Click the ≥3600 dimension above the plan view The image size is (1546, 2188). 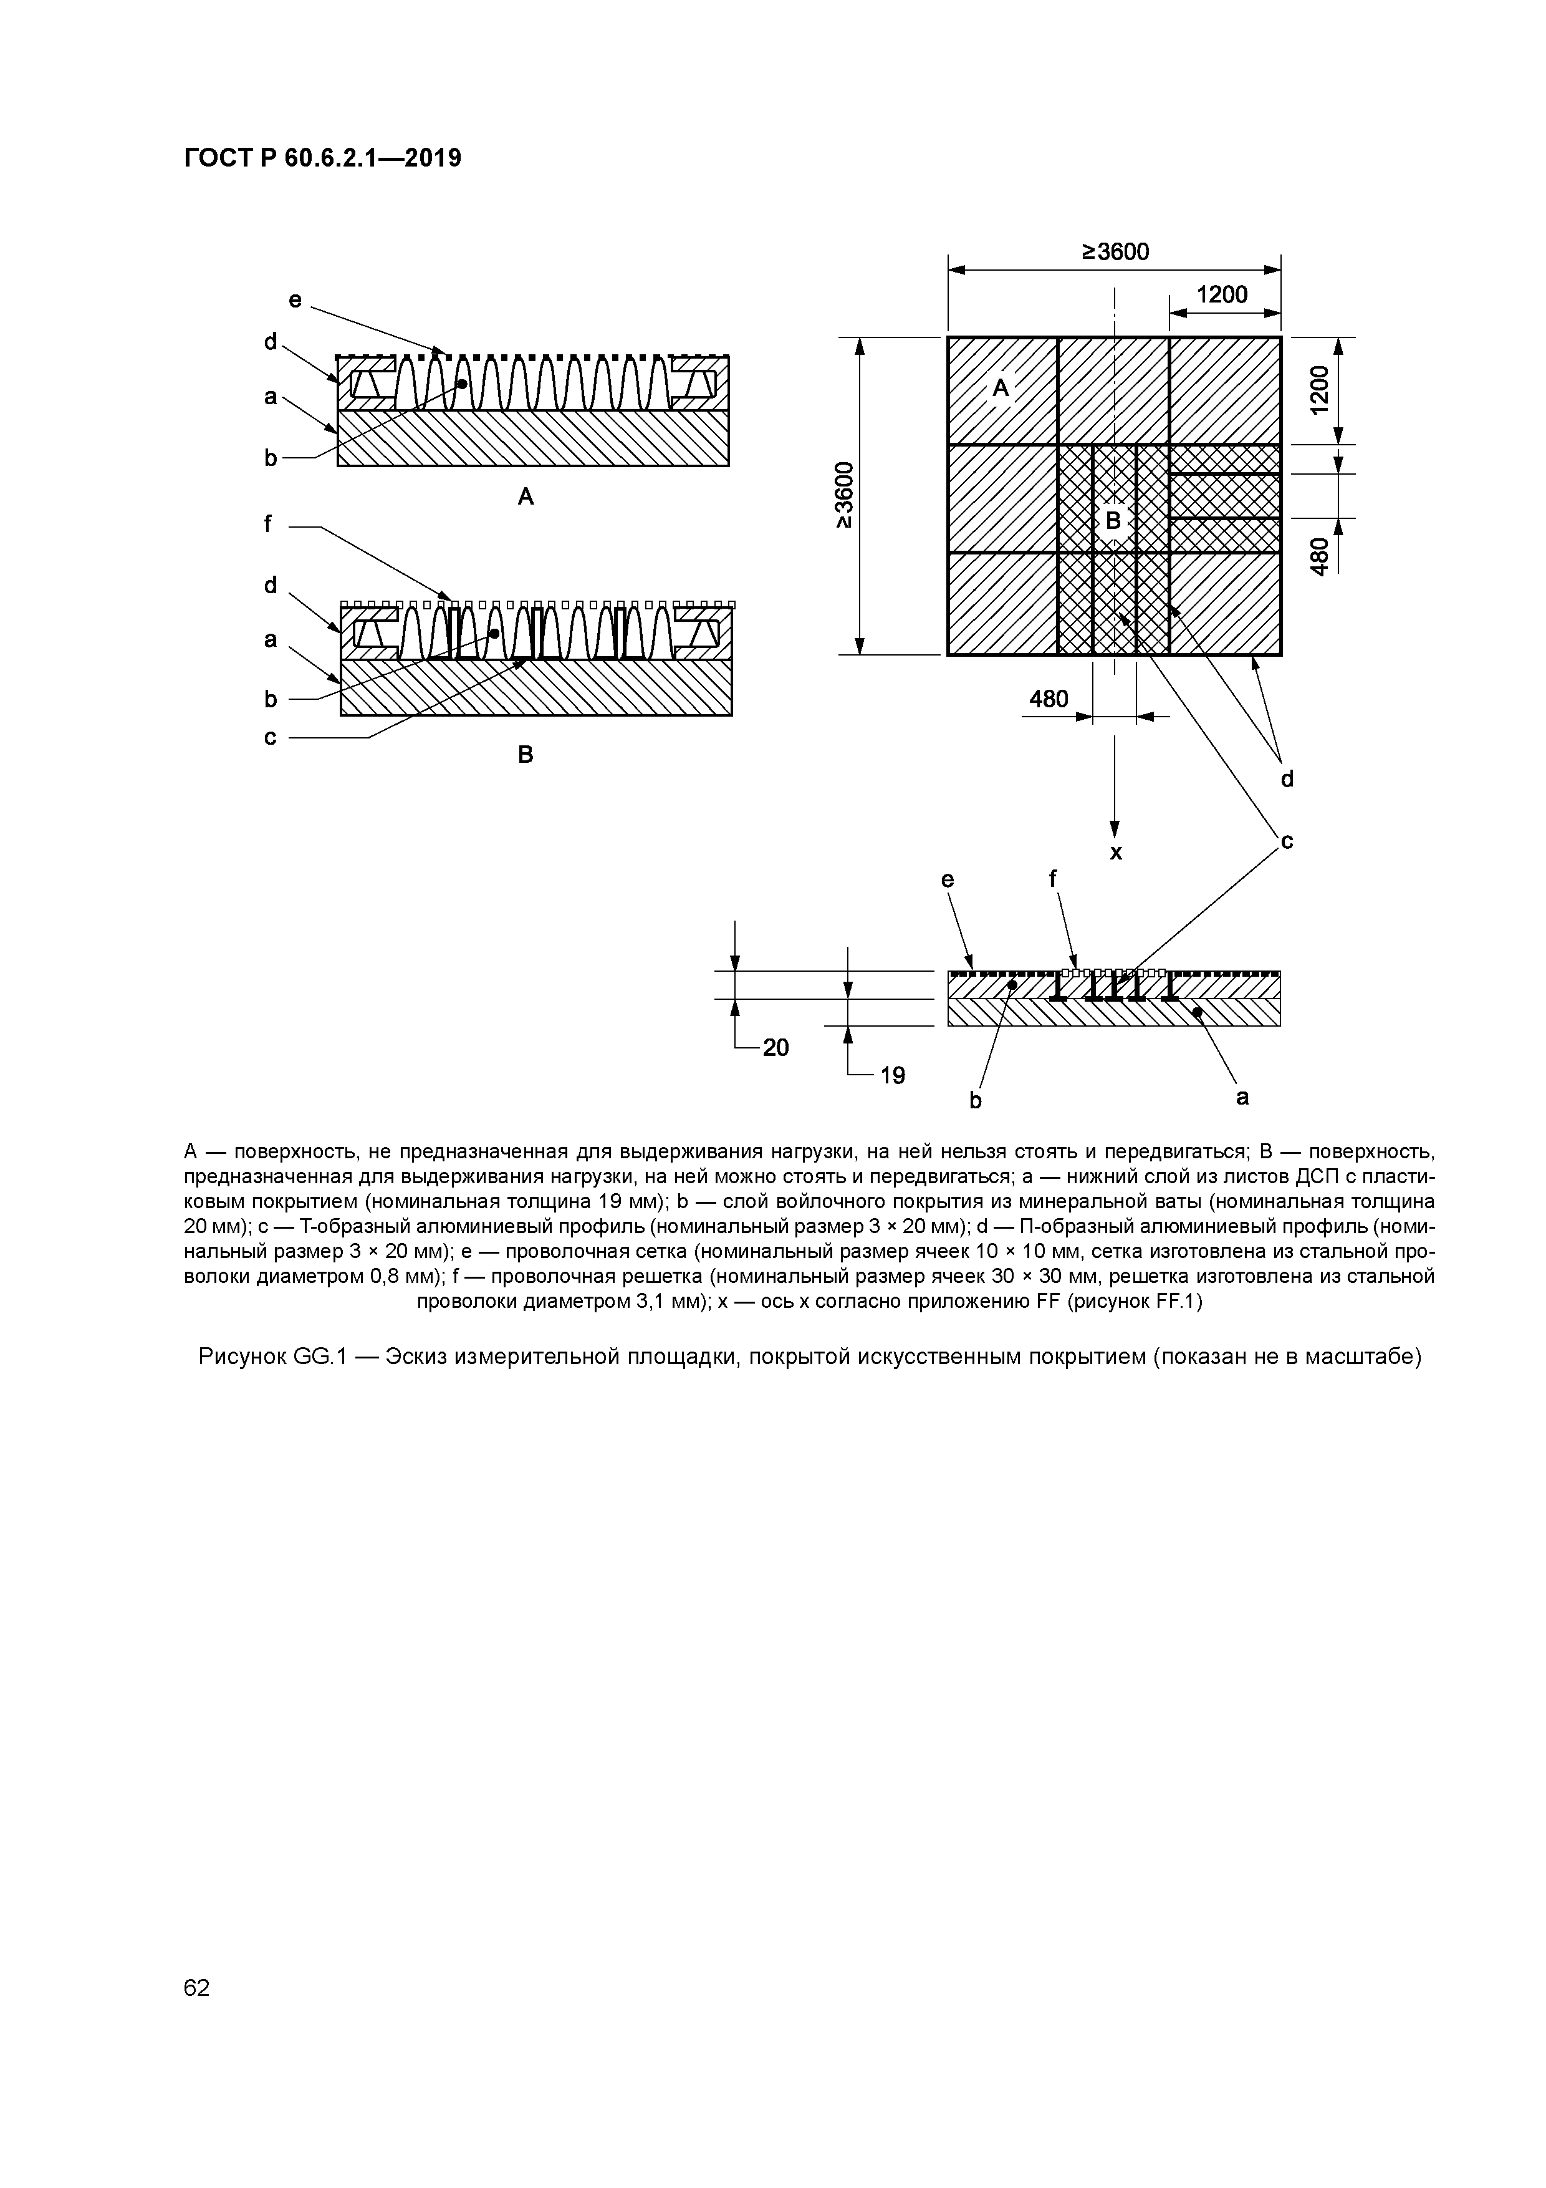(1115, 251)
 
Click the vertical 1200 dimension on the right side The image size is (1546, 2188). (1318, 390)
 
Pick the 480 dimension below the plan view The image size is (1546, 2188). (1048, 699)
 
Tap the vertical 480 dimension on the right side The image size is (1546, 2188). (1318, 556)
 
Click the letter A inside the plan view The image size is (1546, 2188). (1000, 388)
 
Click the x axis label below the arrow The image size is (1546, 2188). (1115, 853)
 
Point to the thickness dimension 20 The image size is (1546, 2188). (775, 1047)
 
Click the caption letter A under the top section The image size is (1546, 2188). (525, 496)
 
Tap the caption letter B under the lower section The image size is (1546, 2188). (525, 755)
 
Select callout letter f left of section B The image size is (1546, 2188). (269, 523)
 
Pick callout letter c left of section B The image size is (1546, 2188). (271, 737)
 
